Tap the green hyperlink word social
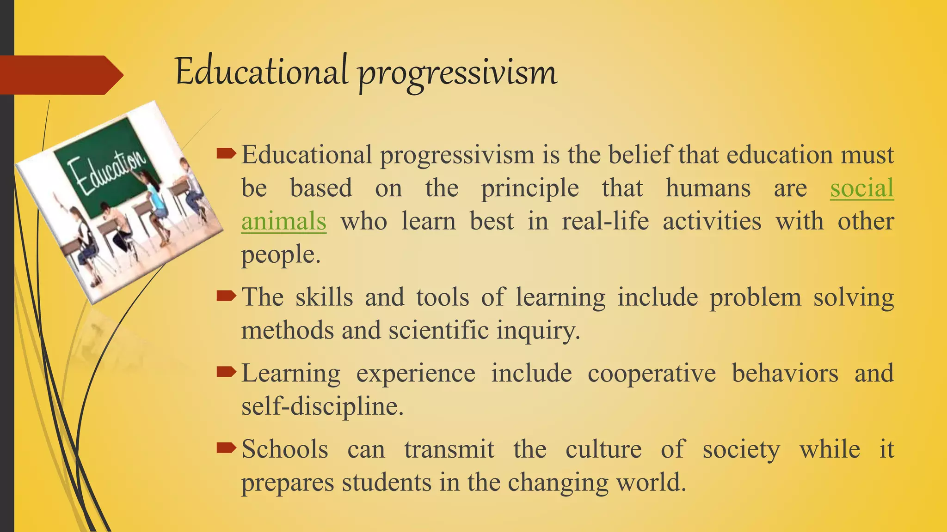pyautogui.click(x=861, y=188)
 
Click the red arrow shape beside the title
pyautogui.click(x=60, y=75)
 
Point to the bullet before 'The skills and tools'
pyautogui.click(x=226, y=296)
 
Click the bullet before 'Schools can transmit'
pyautogui.click(x=226, y=447)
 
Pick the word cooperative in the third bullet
pyautogui.click(x=652, y=373)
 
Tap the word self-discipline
pyautogui.click(x=322, y=407)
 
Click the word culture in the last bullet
pyautogui.click(x=603, y=449)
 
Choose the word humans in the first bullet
pyautogui.click(x=708, y=188)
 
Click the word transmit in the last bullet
pyautogui.click(x=449, y=449)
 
